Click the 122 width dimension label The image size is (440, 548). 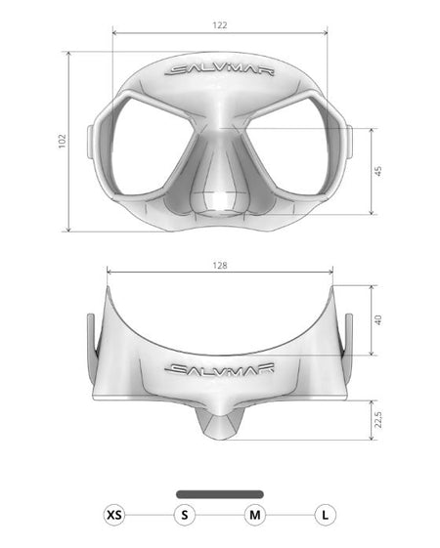click(220, 25)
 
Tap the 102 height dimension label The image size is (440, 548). click(62, 142)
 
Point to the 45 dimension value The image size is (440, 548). click(378, 171)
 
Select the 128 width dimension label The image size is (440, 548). click(220, 266)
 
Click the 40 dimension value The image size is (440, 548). click(378, 319)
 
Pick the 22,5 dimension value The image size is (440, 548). click(378, 419)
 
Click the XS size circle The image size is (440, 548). click(114, 515)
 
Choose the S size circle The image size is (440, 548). click(185, 515)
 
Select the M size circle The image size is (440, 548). click(255, 515)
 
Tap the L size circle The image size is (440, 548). click(326, 515)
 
